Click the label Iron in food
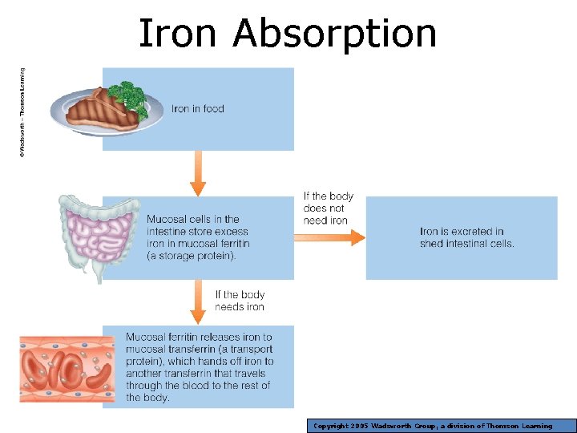[198, 109]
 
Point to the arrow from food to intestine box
[198, 172]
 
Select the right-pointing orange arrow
[329, 237]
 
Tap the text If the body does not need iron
[327, 208]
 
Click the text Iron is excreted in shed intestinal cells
[466, 237]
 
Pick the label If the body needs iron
[240, 301]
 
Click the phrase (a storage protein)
[192, 256]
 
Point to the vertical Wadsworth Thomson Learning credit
[22, 111]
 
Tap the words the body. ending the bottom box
[147, 398]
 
